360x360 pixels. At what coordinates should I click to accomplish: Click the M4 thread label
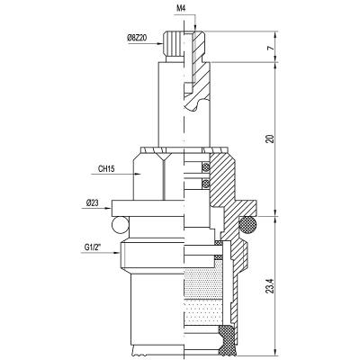click(181, 8)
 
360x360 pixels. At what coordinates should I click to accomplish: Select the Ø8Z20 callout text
click(137, 38)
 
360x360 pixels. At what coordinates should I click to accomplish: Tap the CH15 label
click(106, 169)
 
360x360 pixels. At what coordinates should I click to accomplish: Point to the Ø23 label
click(92, 203)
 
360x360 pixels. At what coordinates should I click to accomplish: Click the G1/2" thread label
click(92, 247)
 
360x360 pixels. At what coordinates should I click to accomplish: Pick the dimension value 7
click(271, 48)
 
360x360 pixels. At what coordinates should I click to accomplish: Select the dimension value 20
click(271, 139)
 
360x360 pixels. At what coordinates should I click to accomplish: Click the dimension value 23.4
click(271, 287)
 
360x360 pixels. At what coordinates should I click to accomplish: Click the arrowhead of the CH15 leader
click(138, 174)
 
